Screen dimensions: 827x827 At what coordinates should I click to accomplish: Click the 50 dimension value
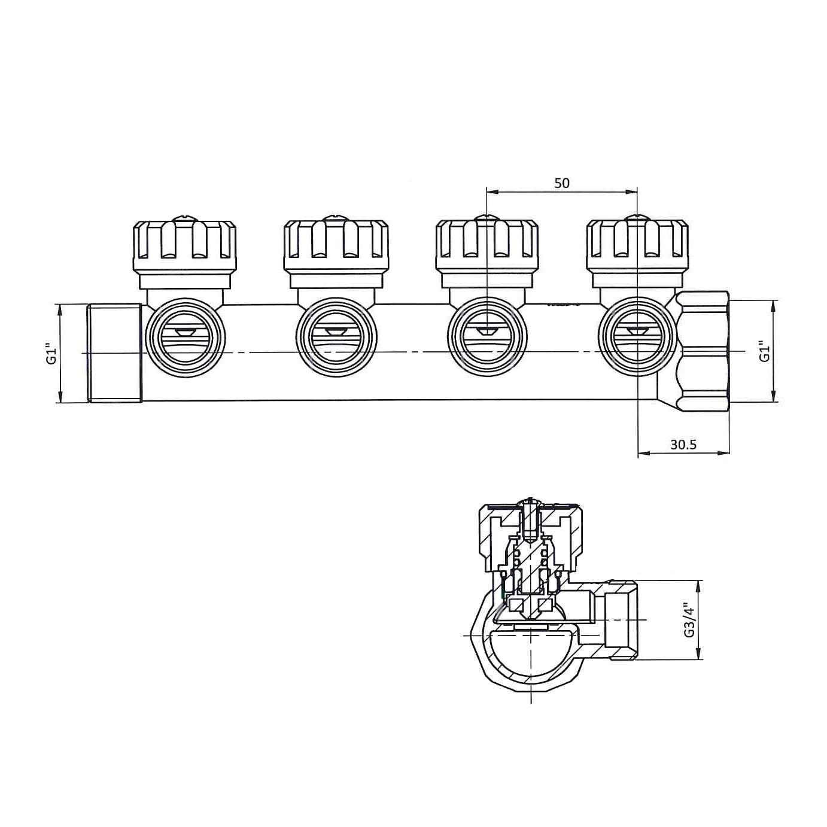(561, 183)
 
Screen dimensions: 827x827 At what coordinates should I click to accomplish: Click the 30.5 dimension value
(683, 445)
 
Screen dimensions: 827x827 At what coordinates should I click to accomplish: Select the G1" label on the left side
(51, 353)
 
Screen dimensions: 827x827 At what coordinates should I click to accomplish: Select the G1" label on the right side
(764, 351)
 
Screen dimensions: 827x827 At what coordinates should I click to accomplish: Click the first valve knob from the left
(184, 253)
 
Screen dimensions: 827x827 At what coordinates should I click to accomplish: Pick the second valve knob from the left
(336, 253)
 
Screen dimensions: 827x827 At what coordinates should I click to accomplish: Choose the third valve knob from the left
(487, 253)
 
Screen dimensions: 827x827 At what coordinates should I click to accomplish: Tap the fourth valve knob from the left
(637, 253)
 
